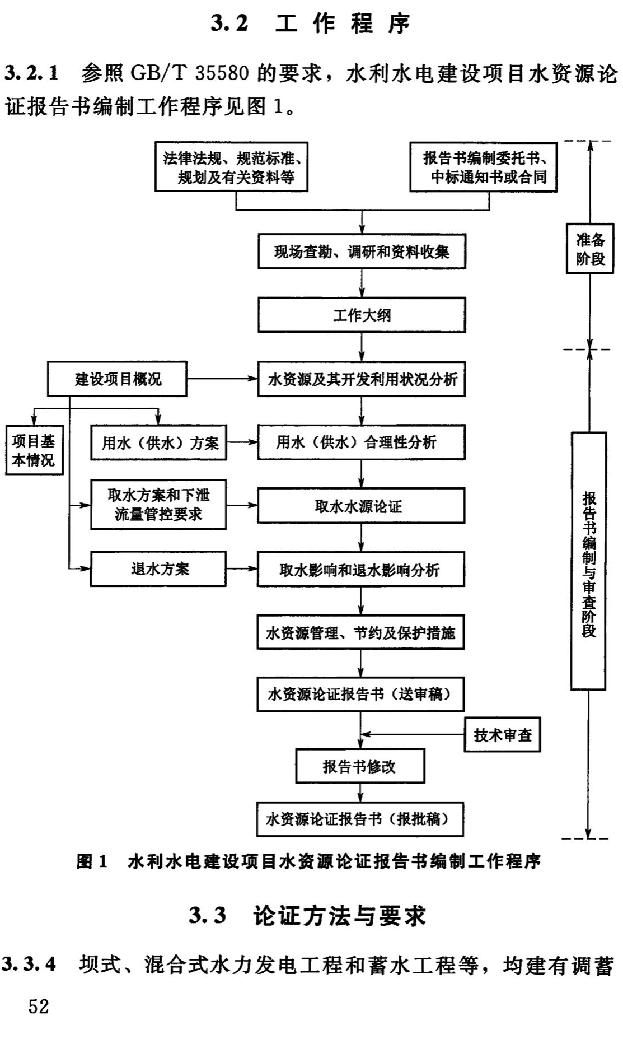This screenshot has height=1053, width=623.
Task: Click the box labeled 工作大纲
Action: (x=362, y=315)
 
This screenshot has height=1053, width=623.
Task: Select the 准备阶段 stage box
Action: (x=591, y=249)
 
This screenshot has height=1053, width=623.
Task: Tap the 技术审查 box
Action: (x=503, y=735)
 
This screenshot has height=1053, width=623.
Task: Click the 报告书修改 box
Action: (x=360, y=766)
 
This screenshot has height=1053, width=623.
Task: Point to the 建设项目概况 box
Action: (x=118, y=379)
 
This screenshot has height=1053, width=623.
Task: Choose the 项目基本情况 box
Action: (x=34, y=451)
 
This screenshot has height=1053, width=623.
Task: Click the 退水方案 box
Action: (x=158, y=569)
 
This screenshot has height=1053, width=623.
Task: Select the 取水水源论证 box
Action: (x=361, y=506)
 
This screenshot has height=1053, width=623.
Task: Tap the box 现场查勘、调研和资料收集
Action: (x=362, y=252)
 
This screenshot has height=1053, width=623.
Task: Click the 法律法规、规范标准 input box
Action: (x=232, y=167)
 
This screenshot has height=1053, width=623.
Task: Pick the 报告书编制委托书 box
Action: (x=484, y=167)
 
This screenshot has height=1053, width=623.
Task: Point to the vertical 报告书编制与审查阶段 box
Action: (x=588, y=561)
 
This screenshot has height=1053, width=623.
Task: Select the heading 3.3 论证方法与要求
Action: (x=308, y=916)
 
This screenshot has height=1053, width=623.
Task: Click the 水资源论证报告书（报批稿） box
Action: (x=360, y=819)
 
